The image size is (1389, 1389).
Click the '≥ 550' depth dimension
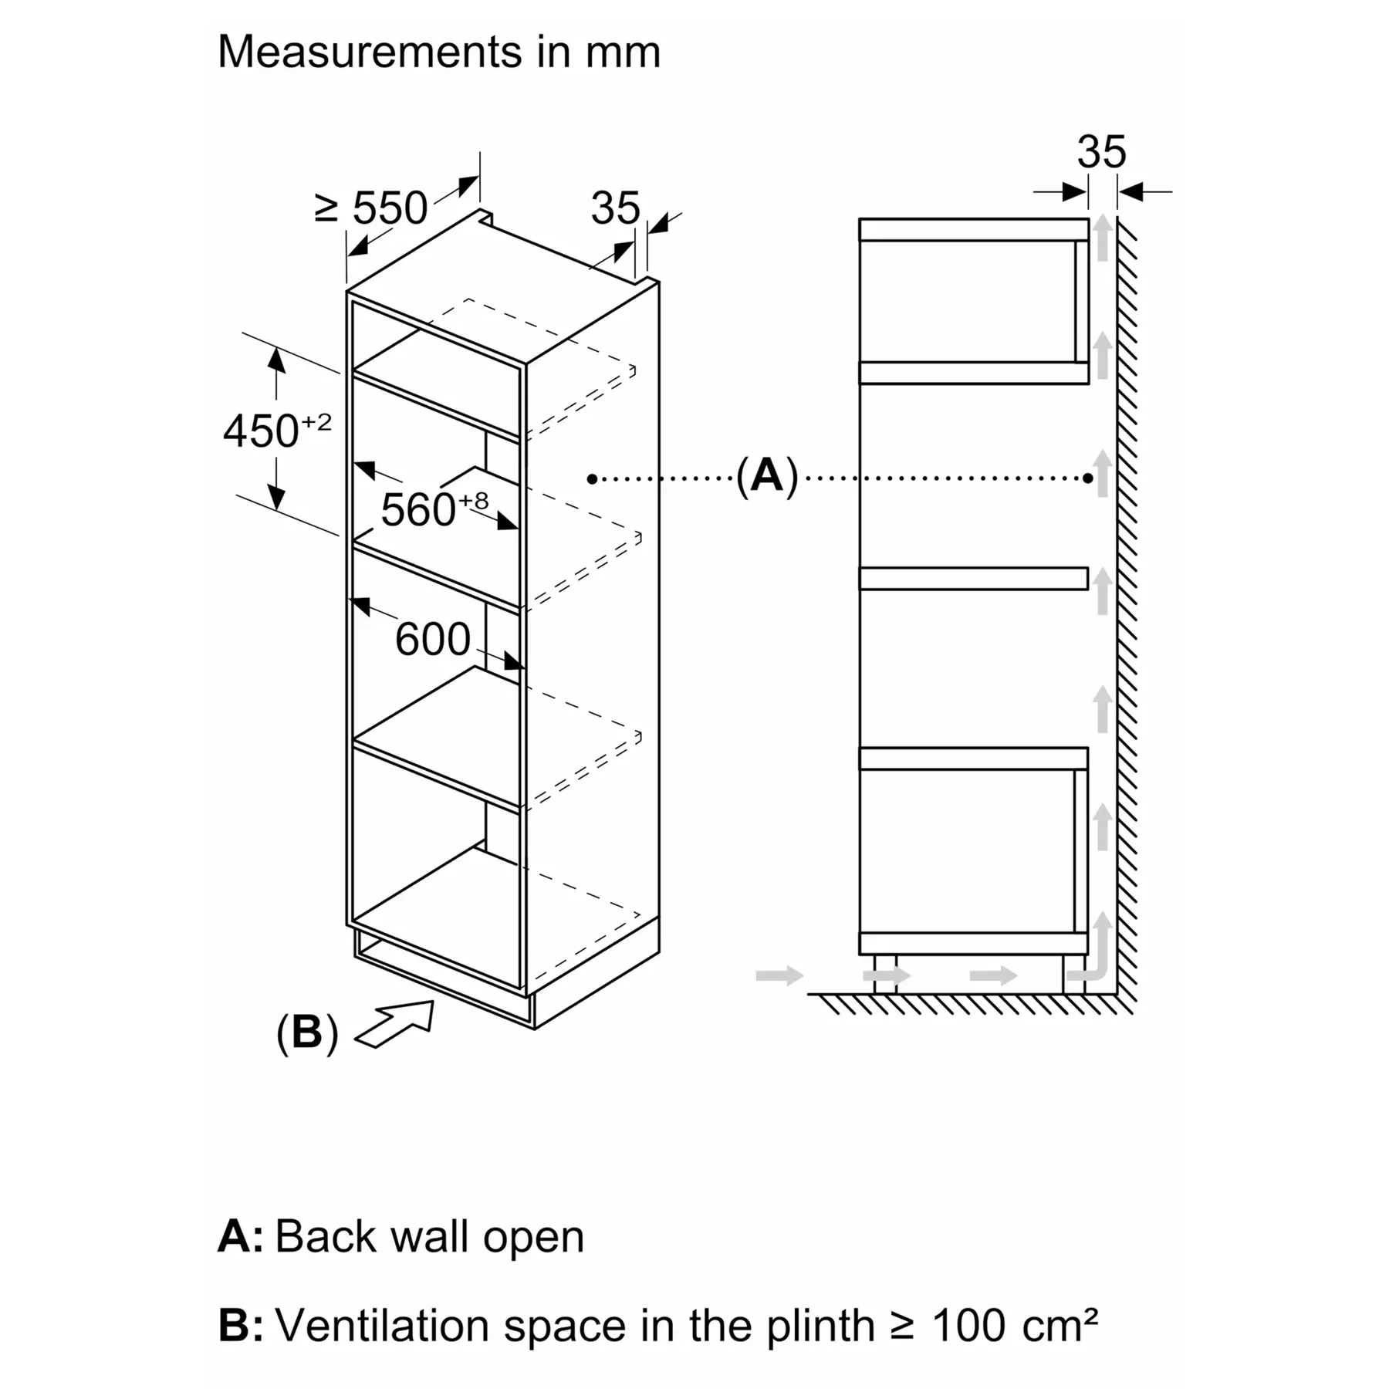tap(371, 208)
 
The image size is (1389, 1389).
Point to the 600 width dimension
tap(432, 639)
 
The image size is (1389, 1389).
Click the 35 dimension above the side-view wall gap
tap(1101, 152)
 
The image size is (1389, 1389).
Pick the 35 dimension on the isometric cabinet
tap(615, 208)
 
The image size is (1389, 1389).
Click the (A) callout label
tap(766, 475)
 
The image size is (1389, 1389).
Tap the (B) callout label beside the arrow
tap(307, 1032)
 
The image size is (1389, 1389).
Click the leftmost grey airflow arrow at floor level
tap(779, 975)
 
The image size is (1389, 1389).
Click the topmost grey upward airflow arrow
tap(1103, 237)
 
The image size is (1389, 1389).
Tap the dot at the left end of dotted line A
tap(592, 479)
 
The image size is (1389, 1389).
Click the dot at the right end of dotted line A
tap(1087, 478)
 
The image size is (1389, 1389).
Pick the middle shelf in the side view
tap(974, 579)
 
